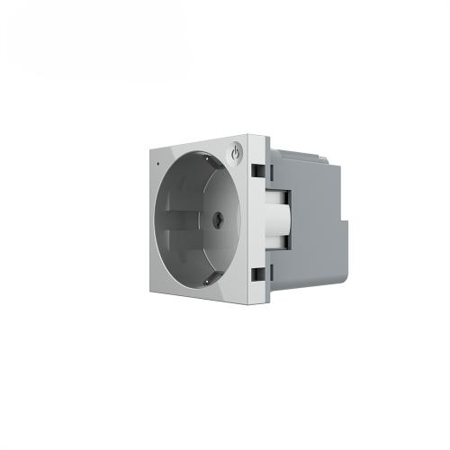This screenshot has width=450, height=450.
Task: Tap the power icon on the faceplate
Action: pos(236,153)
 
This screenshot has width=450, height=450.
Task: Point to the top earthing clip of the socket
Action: pos(207,159)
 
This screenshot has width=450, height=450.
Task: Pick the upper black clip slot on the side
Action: pos(257,168)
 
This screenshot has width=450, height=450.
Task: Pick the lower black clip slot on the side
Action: pos(257,273)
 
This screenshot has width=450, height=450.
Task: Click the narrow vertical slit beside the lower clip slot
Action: pos(267,273)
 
